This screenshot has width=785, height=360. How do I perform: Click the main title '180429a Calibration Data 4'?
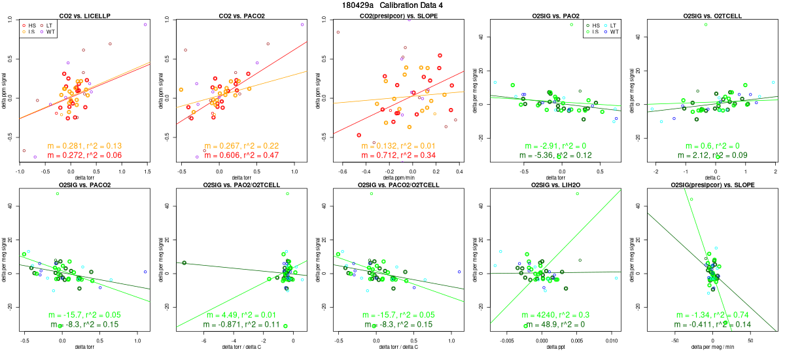point(392,5)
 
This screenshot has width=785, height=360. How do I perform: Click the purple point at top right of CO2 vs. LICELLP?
point(145,24)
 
